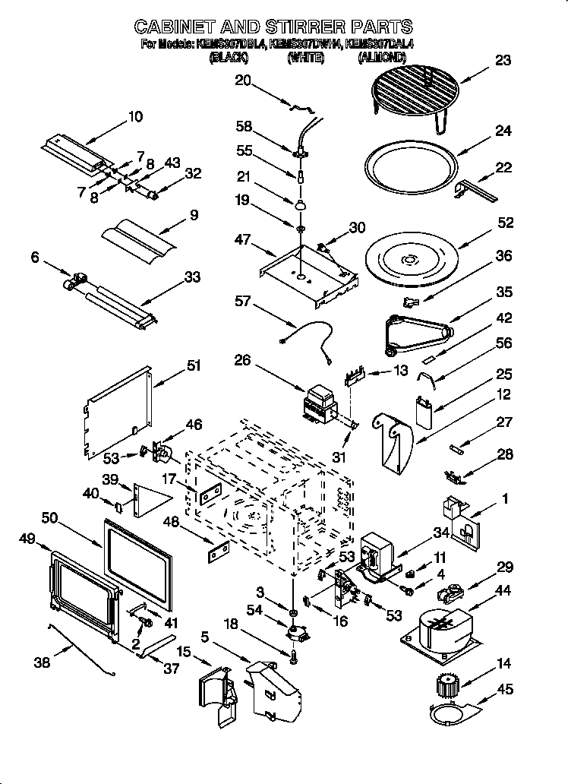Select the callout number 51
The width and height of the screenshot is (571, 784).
point(194,365)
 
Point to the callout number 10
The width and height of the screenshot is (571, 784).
point(135,116)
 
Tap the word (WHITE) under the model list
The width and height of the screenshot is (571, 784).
point(305,57)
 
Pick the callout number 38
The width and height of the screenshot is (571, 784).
point(43,662)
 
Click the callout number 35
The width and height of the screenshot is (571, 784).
point(504,292)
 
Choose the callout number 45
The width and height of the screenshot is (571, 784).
point(504,689)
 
